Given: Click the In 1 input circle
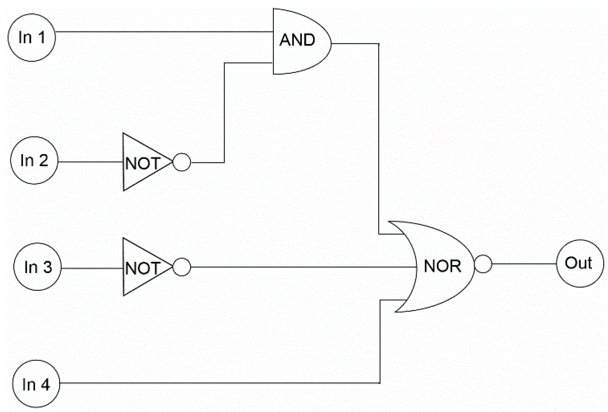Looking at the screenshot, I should point(32,38).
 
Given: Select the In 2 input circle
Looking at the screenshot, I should point(34,160).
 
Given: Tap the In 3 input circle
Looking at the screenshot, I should point(37,267).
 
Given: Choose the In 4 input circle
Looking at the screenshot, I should point(36,384).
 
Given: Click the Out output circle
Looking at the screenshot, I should point(580,263).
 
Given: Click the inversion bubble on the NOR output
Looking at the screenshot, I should point(483,264).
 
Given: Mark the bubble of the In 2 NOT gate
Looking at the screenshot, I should point(182,162).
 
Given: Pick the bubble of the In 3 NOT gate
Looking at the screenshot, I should point(182,267).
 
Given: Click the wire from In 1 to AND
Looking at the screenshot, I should point(164,32).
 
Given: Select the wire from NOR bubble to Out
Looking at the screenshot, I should point(524,264).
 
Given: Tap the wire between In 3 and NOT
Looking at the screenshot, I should point(92,268).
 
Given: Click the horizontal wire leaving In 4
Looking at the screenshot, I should point(220,383).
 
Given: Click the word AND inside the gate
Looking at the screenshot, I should point(297,40).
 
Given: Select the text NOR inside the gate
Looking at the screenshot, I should point(442,266).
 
